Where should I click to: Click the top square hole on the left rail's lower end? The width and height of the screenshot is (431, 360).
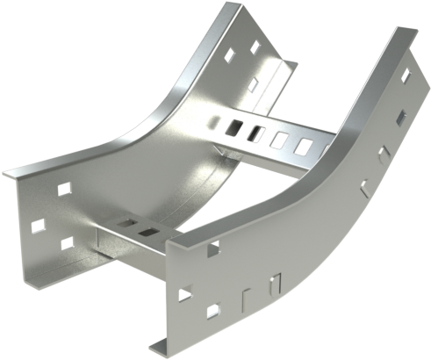[x=63, y=188]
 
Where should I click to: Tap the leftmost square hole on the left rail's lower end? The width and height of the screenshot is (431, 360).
[x=38, y=226]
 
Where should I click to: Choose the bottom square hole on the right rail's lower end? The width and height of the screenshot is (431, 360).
[x=212, y=310]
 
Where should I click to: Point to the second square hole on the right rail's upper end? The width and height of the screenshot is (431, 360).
[x=401, y=116]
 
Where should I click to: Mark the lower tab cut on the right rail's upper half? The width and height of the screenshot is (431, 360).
[x=363, y=185]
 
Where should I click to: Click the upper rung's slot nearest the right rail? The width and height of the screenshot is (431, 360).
[x=303, y=142]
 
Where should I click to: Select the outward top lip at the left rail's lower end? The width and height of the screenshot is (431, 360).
[x=35, y=168]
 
